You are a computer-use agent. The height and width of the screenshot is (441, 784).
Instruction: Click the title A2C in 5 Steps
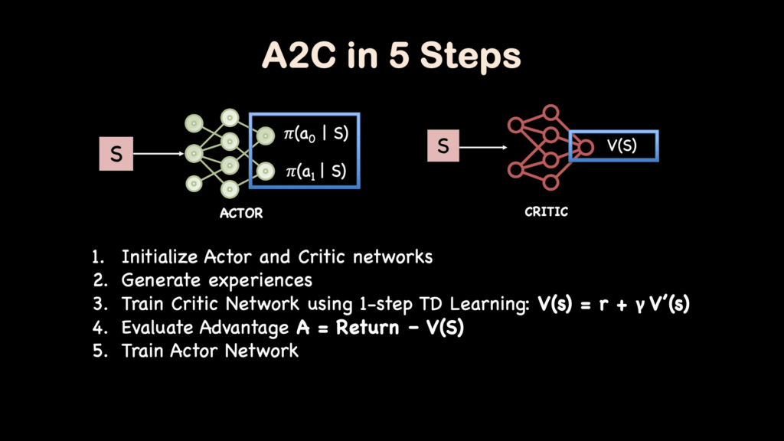[391, 58]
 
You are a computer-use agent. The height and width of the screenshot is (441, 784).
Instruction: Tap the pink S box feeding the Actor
[116, 155]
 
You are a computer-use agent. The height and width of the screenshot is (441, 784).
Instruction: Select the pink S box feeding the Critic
[443, 144]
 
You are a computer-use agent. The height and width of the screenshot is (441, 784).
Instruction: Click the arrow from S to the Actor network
[159, 155]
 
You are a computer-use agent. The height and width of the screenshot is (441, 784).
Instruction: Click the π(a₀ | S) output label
[315, 135]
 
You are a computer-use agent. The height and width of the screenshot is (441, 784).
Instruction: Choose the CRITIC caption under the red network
[546, 211]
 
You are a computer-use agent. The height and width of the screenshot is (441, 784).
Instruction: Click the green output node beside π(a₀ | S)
[265, 136]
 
